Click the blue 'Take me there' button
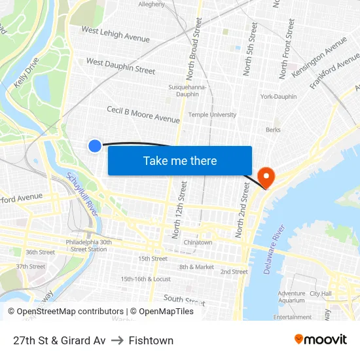pos(179,160)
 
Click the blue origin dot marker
pos(95,146)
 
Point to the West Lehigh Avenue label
pos(115,35)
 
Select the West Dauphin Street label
pos(120,66)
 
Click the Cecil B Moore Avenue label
pos(143,115)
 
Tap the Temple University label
pos(212,115)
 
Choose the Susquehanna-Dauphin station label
pos(188,90)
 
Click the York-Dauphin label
pos(278,97)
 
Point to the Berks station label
pos(273,130)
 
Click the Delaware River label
pos(275,250)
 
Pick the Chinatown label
pos(198,242)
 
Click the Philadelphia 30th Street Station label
pos(88,245)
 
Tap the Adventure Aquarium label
pos(291,297)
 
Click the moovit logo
pos(320,340)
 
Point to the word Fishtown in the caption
pos(151,340)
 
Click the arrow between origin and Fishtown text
pos(117,340)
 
